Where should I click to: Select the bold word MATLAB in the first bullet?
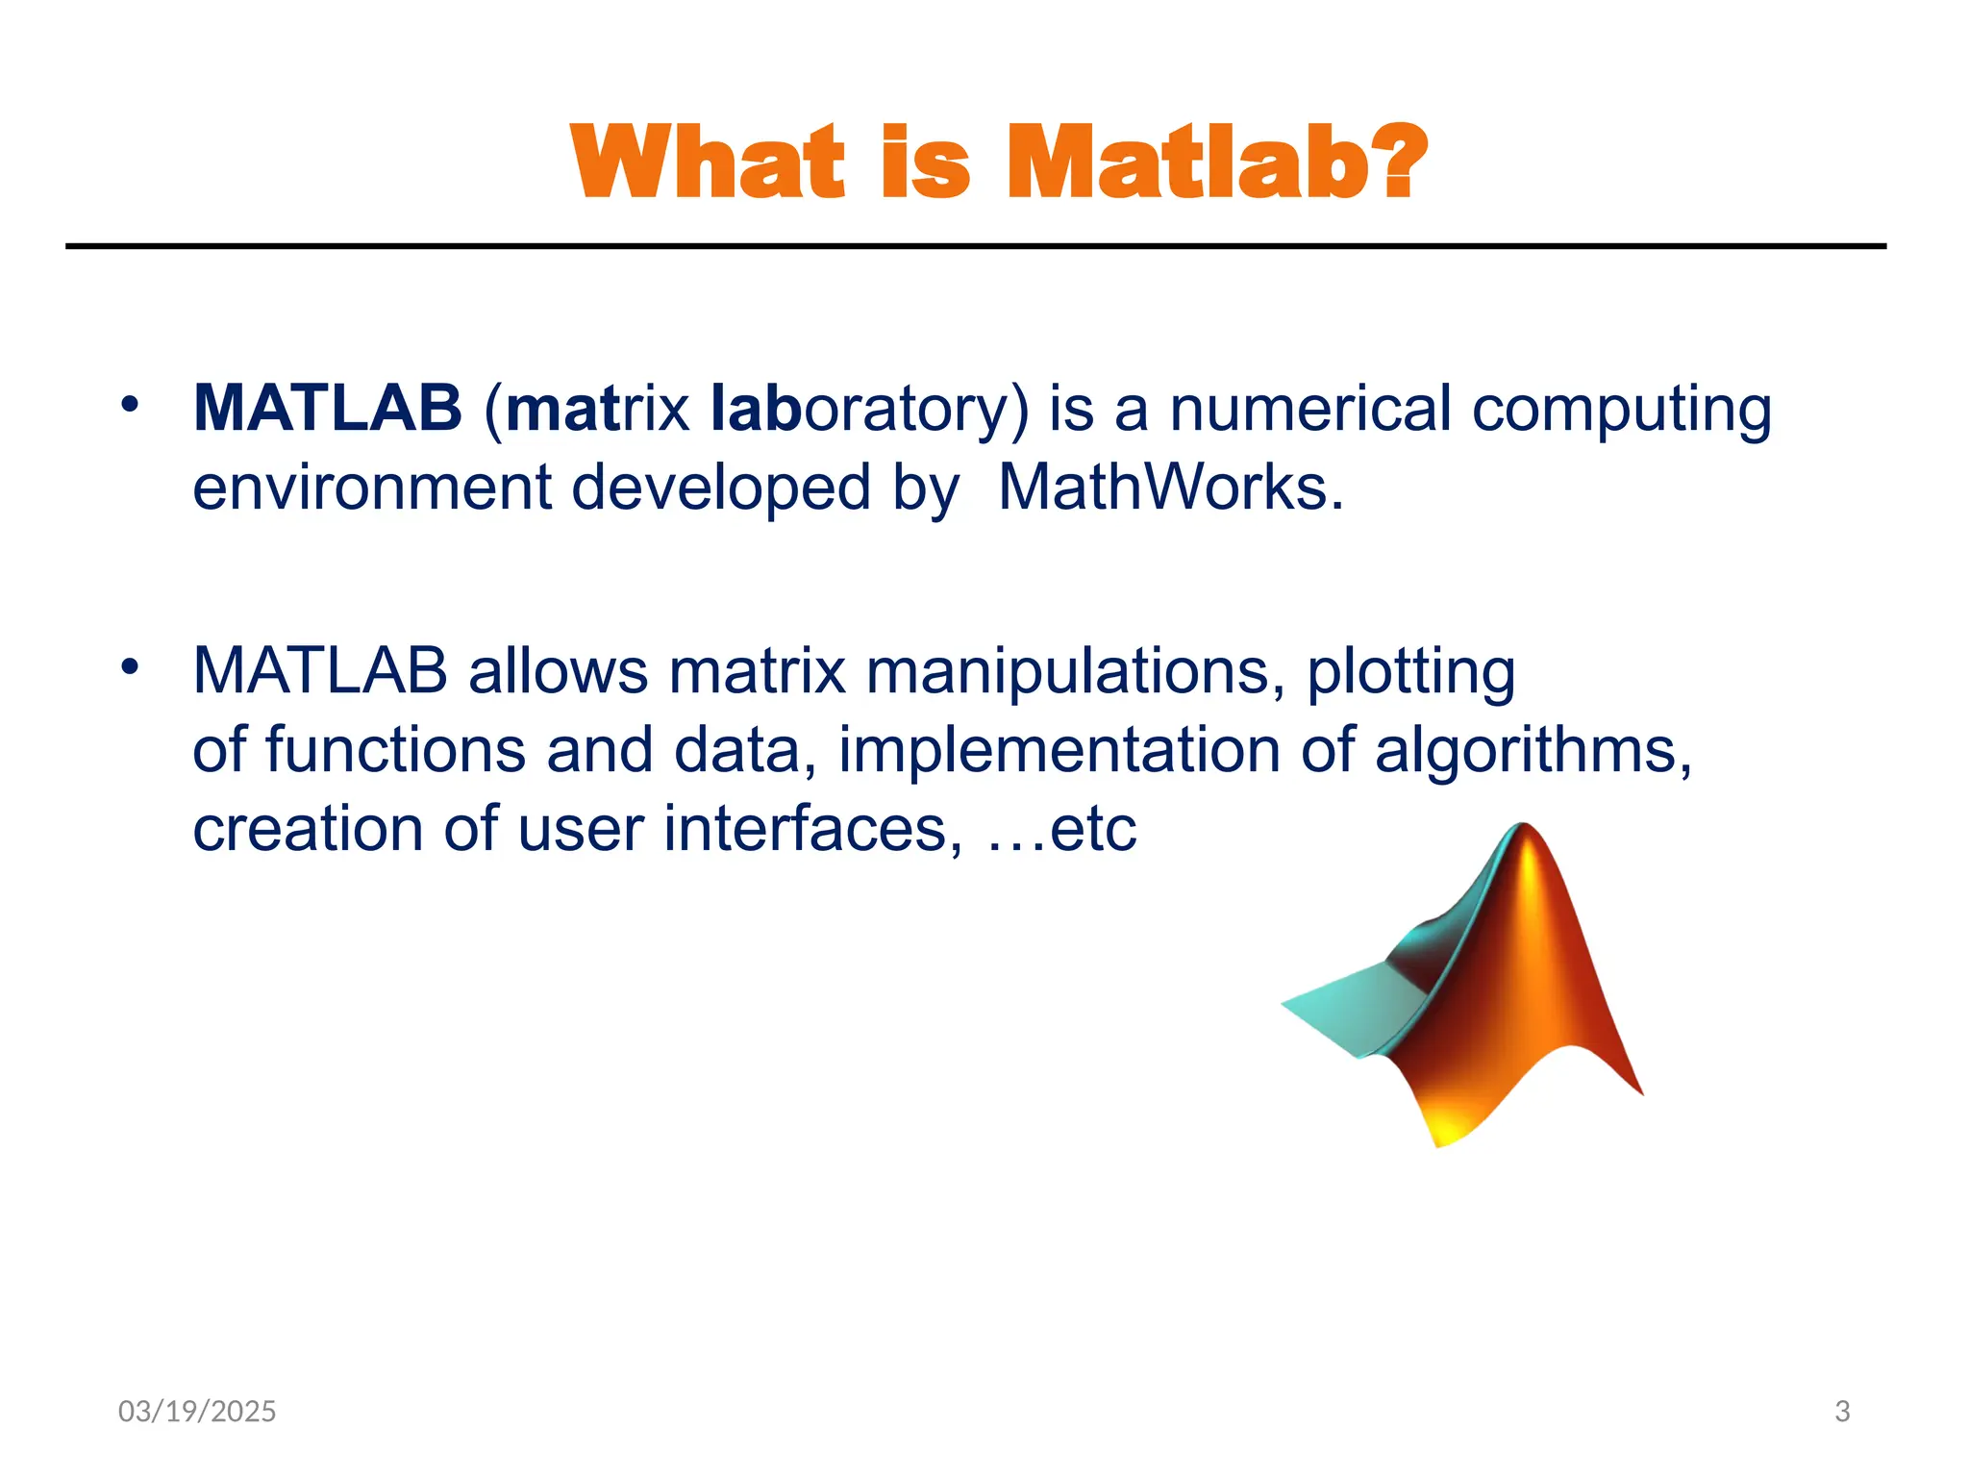click(x=328, y=408)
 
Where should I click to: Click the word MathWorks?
click(x=1170, y=488)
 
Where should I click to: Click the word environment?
click(x=371, y=488)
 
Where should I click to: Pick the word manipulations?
click(x=1075, y=670)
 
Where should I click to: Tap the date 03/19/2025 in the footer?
click(x=197, y=1411)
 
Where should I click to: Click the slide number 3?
click(x=1842, y=1411)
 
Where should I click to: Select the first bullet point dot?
click(x=130, y=404)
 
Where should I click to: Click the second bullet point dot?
click(x=130, y=665)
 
